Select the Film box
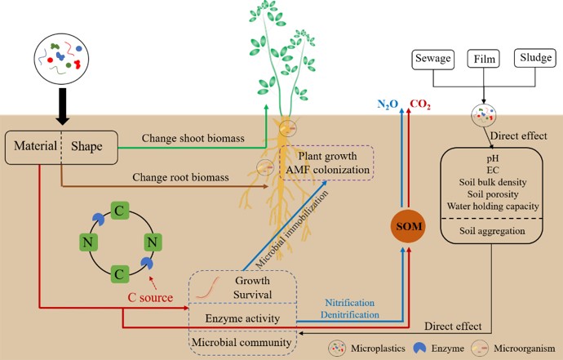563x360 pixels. click(483, 59)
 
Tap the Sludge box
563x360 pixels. click(535, 59)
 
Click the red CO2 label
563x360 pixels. click(420, 104)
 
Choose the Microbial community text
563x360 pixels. click(241, 343)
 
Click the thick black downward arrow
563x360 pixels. click(62, 106)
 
